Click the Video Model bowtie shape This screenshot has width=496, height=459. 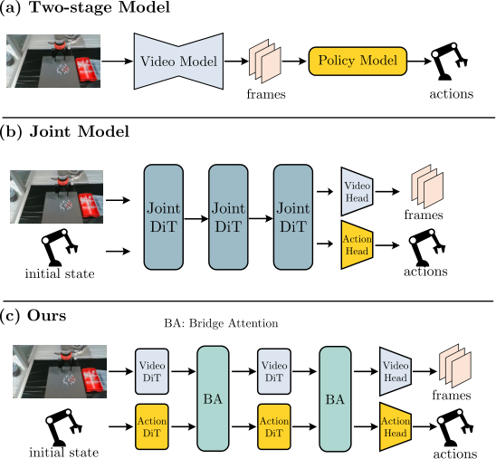(x=178, y=61)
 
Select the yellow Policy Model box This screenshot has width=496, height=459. (x=358, y=61)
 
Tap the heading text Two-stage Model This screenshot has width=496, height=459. (x=100, y=7)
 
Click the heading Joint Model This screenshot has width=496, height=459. (x=79, y=131)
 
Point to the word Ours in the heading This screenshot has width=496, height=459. (x=47, y=315)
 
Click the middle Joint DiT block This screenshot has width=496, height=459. (x=228, y=217)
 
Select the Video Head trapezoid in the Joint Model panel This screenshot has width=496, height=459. (x=358, y=192)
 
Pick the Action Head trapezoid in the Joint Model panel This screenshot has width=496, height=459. (x=358, y=244)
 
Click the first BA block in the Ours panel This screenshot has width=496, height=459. (x=213, y=398)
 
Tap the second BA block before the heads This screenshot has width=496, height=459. (x=335, y=398)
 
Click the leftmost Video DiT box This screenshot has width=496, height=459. (x=152, y=371)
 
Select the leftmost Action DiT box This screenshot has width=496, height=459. (x=152, y=426)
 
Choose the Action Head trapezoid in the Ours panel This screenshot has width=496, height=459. (x=396, y=426)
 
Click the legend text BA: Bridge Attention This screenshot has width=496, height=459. (x=221, y=323)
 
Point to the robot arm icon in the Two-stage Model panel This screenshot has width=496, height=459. (x=450, y=61)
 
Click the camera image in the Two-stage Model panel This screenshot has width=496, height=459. (x=53, y=61)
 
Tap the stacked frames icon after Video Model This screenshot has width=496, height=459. (x=265, y=61)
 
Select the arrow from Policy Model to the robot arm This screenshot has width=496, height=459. (x=419, y=61)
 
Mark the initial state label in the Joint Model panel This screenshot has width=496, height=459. (x=60, y=273)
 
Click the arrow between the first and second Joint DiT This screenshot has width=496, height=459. (x=196, y=218)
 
